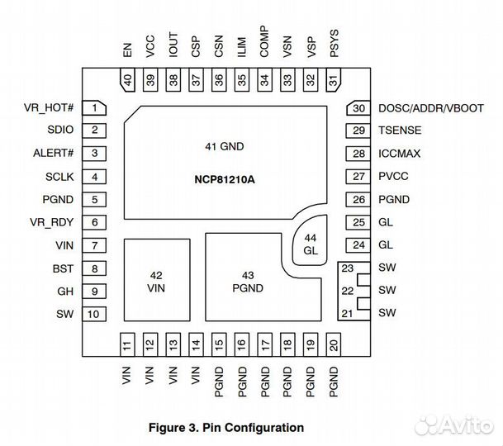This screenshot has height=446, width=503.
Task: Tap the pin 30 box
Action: pos(358,108)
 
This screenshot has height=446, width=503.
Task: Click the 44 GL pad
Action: pos(311,244)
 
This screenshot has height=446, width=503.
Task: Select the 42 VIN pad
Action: pos(155,280)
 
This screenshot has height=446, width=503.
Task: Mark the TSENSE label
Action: pos(400,130)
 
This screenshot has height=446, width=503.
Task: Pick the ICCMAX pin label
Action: pos(400,154)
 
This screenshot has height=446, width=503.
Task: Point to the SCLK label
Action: pos(60,177)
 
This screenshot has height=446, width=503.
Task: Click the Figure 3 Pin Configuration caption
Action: pos(225,427)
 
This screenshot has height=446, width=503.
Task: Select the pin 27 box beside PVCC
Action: pos(358,177)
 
